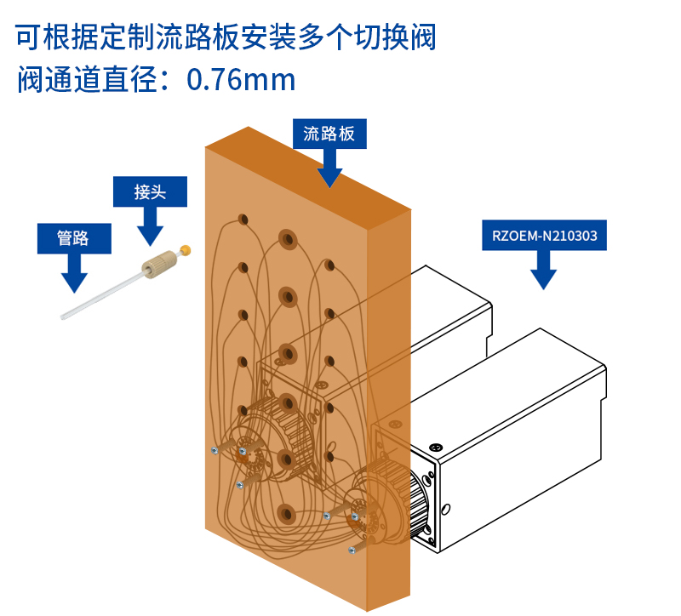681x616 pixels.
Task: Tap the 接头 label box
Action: pyautogui.click(x=150, y=191)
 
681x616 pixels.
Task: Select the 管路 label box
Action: pyautogui.click(x=73, y=238)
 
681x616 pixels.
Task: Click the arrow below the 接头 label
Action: pyautogui.click(x=151, y=227)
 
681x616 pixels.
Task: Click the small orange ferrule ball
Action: pyautogui.click(x=186, y=250)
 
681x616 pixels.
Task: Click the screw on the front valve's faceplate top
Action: pyautogui.click(x=437, y=448)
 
